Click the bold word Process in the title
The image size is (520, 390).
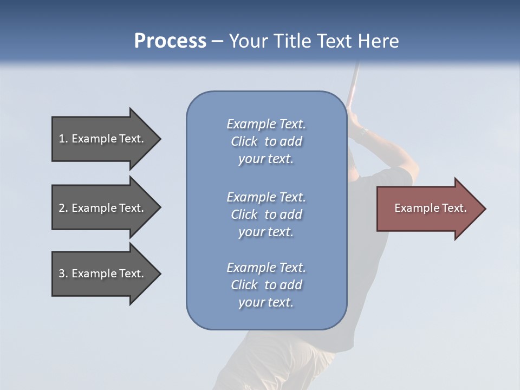point(170,41)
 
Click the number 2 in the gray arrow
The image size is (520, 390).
point(62,208)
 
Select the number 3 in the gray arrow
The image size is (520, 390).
point(62,274)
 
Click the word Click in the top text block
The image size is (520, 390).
point(244,142)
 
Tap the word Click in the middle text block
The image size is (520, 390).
point(244,214)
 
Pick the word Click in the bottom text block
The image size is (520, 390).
point(244,285)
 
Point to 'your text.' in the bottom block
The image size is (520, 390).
point(266,302)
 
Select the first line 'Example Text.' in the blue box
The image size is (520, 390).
point(266,124)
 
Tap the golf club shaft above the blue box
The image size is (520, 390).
point(353,81)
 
